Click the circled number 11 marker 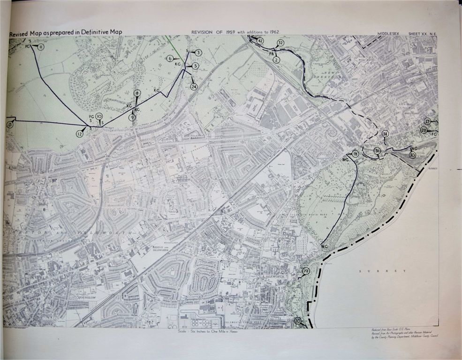[41, 47]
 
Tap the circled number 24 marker [194, 86]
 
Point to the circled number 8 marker [137, 93]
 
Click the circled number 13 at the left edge [9, 125]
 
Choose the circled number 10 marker [99, 116]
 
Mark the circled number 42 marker [260, 41]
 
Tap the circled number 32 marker [280, 43]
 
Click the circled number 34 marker [385, 134]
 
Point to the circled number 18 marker [355, 154]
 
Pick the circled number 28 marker [424, 130]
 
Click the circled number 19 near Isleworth [306, 271]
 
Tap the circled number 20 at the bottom [297, 321]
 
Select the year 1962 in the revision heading [271, 31]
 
